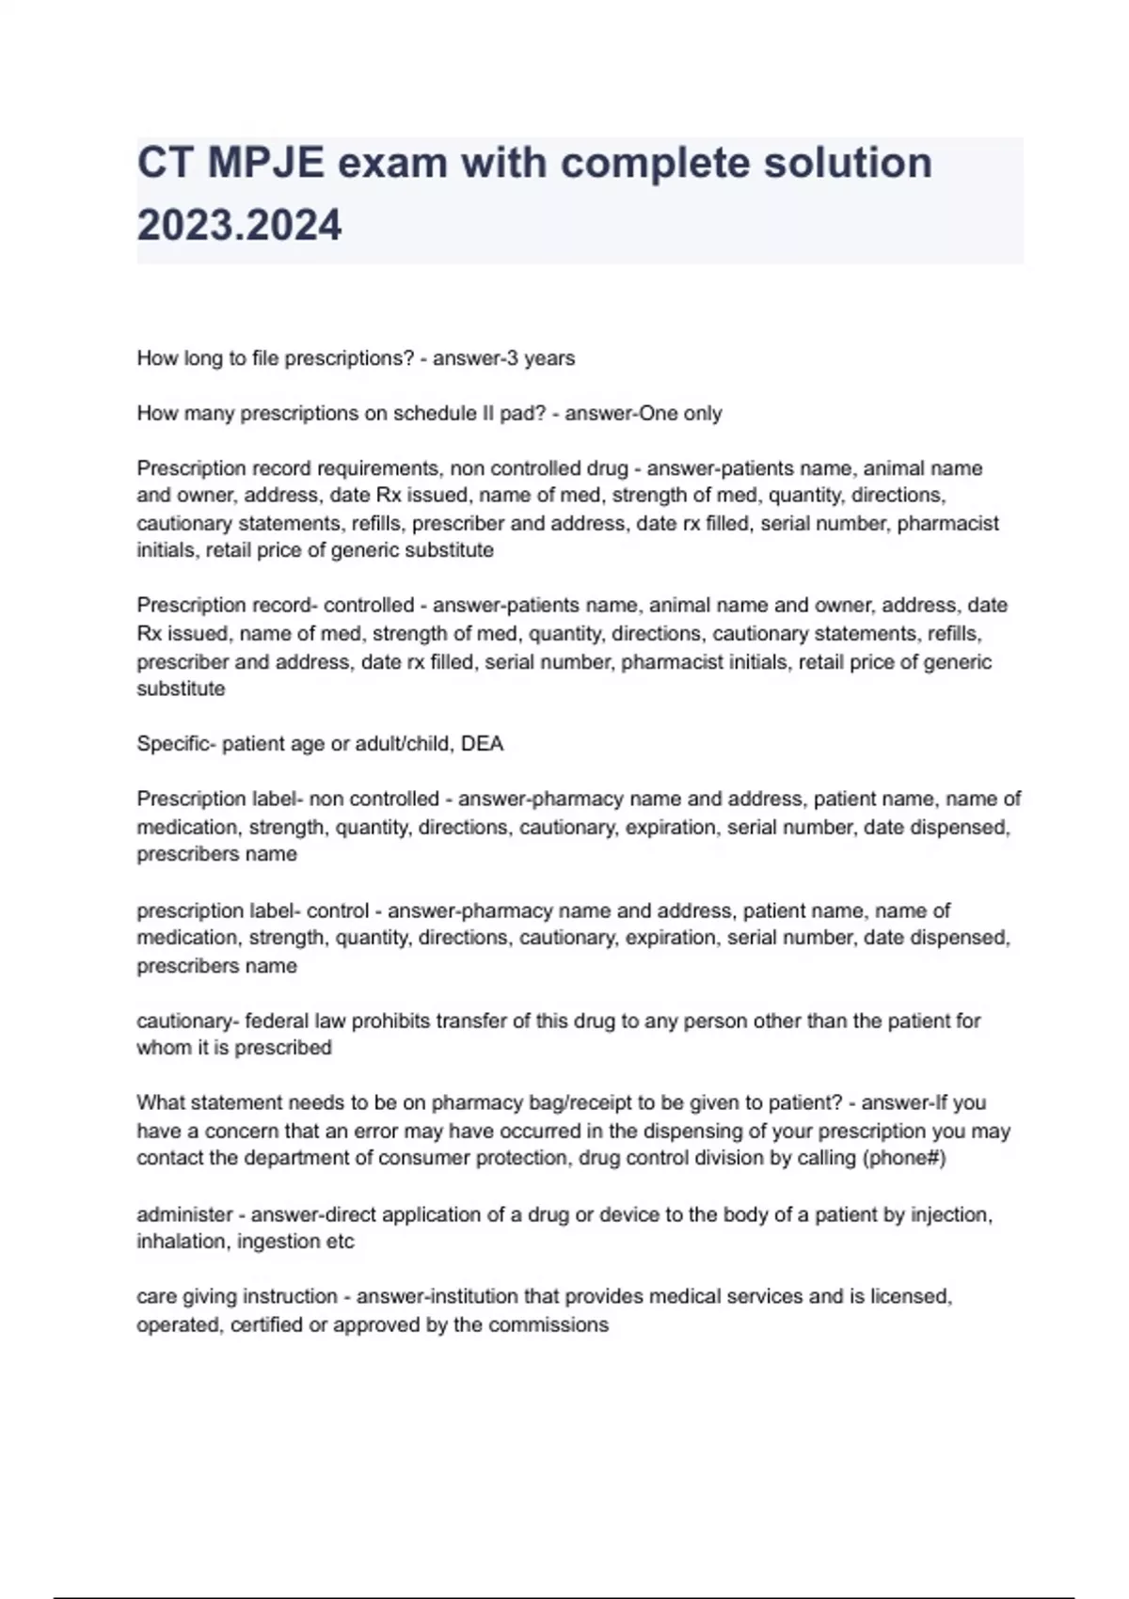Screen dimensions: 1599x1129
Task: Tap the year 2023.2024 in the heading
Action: pyautogui.click(x=239, y=226)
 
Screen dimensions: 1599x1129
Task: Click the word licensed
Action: pyautogui.click(x=911, y=1296)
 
